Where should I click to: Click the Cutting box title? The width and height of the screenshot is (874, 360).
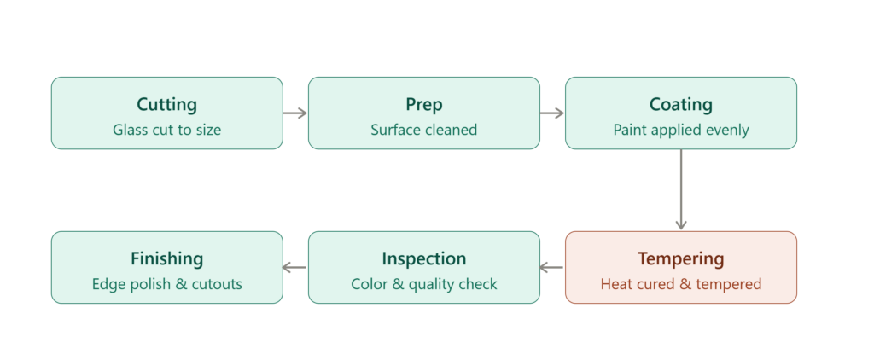coord(167,105)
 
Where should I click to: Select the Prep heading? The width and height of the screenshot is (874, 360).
coord(424,105)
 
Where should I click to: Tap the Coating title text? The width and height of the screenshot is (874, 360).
coord(681,105)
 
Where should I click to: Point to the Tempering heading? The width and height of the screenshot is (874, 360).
coord(681,259)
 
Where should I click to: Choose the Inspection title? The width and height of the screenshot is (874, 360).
coord(424,259)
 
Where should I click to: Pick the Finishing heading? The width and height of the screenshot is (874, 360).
coord(167,259)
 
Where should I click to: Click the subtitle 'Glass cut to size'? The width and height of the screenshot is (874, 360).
coord(167,130)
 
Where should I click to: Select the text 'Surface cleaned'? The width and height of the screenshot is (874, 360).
coord(424,130)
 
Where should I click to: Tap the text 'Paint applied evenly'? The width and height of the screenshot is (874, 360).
coord(681,130)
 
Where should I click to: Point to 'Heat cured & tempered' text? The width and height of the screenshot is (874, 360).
coord(681,284)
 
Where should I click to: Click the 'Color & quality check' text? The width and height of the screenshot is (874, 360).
coord(424,284)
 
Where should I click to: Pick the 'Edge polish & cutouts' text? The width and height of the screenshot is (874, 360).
coord(167,284)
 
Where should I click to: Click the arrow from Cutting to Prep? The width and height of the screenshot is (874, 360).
coord(295,113)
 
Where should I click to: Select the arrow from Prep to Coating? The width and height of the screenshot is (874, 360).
coord(552,113)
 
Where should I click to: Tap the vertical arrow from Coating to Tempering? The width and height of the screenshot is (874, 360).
coord(681,189)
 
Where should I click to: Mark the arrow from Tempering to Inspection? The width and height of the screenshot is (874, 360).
coord(552,268)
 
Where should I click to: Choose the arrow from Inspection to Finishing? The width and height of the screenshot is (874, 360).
coord(295,268)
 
